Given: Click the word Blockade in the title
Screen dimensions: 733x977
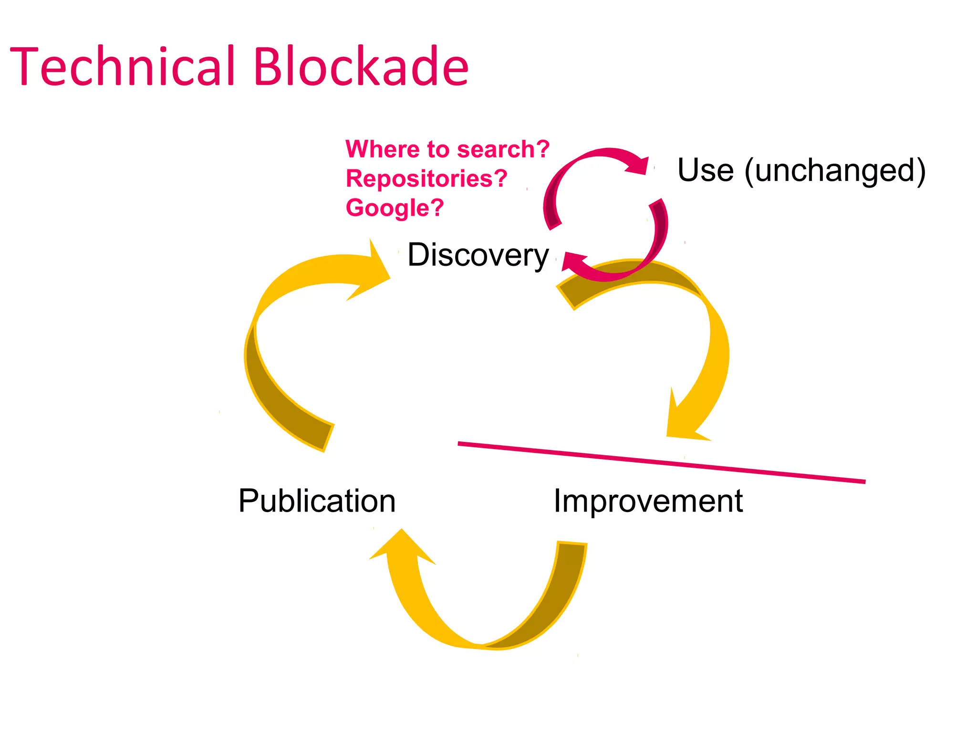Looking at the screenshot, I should pyautogui.click(x=361, y=67).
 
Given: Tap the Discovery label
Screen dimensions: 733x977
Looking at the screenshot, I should pyautogui.click(x=478, y=255).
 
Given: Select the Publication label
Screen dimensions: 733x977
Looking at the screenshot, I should pyautogui.click(x=317, y=501).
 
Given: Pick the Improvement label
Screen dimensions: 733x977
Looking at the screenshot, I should pyautogui.click(x=648, y=501).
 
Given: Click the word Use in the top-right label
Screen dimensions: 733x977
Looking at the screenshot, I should pyautogui.click(x=705, y=170).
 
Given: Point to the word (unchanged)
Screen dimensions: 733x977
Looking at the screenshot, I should pyautogui.click(x=835, y=171).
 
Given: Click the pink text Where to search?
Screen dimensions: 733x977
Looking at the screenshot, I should pyautogui.click(x=447, y=149).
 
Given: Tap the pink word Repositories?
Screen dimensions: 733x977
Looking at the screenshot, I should pyautogui.click(x=426, y=179).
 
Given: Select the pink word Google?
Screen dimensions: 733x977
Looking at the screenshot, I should pyautogui.click(x=395, y=208).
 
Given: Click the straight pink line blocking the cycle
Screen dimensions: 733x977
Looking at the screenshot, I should pyautogui.click(x=661, y=462).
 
